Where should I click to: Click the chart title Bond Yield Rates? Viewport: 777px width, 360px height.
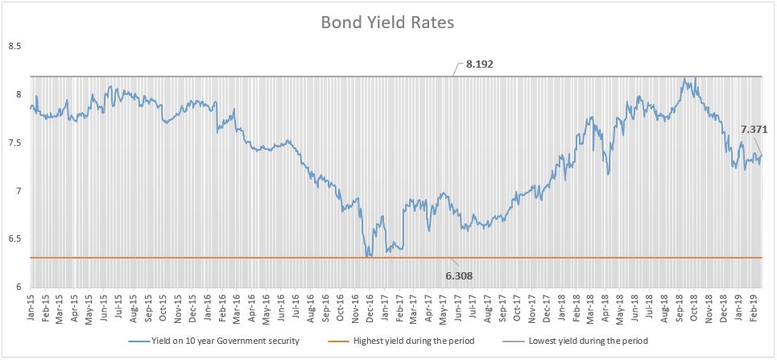pos(388,23)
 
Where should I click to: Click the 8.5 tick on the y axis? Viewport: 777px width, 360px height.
pos(14,47)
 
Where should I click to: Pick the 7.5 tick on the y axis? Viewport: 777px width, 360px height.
pos(14,143)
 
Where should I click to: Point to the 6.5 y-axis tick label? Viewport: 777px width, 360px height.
pos(14,239)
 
